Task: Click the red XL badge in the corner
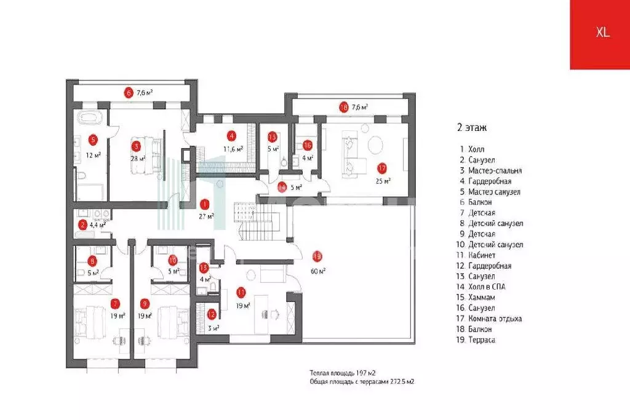(x=602, y=34)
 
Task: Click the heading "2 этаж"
(x=472, y=129)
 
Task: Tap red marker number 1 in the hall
(x=205, y=204)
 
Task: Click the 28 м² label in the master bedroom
(x=138, y=158)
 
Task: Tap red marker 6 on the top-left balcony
(x=129, y=93)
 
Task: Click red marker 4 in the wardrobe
(x=231, y=136)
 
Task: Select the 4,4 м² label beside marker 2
(x=98, y=225)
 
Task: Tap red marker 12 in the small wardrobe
(x=211, y=314)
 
